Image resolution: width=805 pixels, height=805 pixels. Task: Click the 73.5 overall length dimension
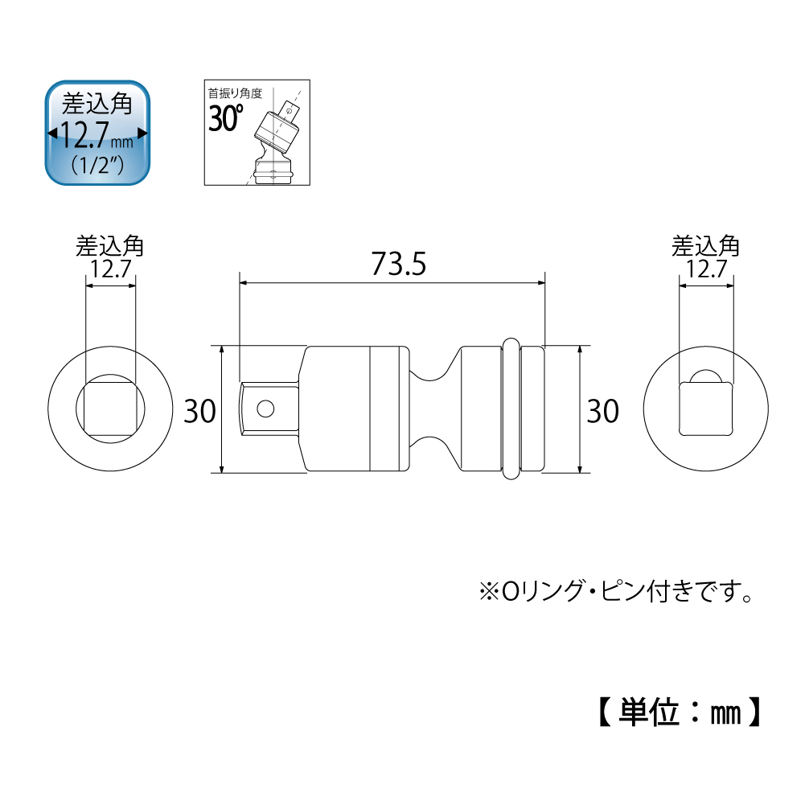click(x=398, y=264)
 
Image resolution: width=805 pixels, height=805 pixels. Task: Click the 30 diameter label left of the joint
click(x=199, y=411)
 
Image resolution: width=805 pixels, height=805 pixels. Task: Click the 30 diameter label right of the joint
click(x=602, y=411)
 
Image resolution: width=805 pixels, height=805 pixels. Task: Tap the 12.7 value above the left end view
click(x=110, y=269)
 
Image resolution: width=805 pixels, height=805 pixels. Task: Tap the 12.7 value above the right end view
click(x=707, y=269)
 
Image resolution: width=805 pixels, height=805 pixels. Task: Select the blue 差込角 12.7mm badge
click(x=97, y=133)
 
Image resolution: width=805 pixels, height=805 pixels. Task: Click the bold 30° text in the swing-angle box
click(x=225, y=117)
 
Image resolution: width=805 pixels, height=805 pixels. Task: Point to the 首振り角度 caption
click(x=235, y=93)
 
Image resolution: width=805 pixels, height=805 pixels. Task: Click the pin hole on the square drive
click(x=265, y=409)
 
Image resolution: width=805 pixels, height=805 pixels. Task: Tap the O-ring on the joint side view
click(x=511, y=409)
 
